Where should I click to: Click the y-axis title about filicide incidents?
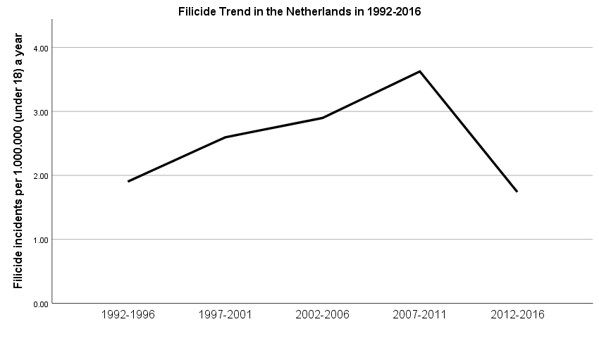[18, 161]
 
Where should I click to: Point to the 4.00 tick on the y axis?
[39, 48]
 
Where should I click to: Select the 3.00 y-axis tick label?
[39, 112]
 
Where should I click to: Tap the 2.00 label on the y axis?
[39, 175]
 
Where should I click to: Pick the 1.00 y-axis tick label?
[39, 240]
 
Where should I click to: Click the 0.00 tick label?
[39, 304]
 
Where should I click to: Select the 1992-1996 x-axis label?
[128, 315]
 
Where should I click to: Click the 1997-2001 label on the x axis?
[226, 315]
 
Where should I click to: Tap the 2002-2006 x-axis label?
[323, 315]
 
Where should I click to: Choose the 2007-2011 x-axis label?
[420, 315]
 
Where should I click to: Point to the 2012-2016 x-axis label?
[517, 315]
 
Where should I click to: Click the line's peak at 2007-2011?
[420, 71]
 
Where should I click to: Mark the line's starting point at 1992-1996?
[128, 182]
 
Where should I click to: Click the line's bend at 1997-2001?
[226, 137]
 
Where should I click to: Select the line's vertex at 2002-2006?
[323, 118]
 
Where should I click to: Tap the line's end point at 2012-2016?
[517, 192]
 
